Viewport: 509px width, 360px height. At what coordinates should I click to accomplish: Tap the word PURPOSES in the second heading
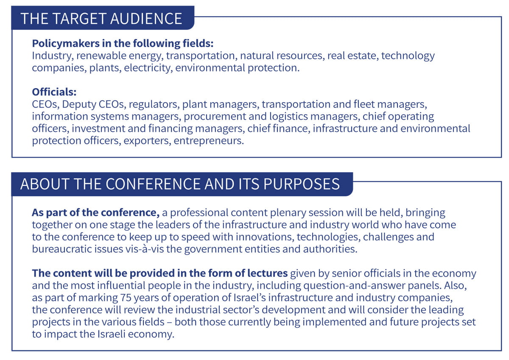pyautogui.click(x=301, y=184)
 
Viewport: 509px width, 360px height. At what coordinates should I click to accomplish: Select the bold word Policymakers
pyautogui.click(x=66, y=44)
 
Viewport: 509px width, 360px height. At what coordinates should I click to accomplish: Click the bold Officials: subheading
pyautogui.click(x=54, y=92)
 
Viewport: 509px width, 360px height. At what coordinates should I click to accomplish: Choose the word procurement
pyautogui.click(x=215, y=117)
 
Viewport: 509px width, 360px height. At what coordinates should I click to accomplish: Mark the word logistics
pyautogui.click(x=288, y=117)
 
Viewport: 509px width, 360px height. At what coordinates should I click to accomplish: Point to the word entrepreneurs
pyautogui.click(x=209, y=141)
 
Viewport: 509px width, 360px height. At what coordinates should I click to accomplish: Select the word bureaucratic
pyautogui.click(x=62, y=249)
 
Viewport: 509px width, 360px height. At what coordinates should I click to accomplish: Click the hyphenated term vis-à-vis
pyautogui.click(x=144, y=249)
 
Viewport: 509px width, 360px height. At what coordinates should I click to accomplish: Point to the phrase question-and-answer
pyautogui.click(x=354, y=286)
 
